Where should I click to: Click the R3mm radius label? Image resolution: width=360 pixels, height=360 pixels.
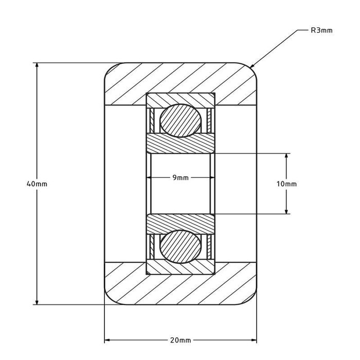(x=322, y=30)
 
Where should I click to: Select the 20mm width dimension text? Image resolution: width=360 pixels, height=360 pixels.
(x=181, y=340)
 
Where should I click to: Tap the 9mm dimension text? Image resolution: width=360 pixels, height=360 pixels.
(x=180, y=177)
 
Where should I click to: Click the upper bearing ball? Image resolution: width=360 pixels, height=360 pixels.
(x=180, y=120)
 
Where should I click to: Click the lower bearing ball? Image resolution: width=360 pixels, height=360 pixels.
(x=180, y=247)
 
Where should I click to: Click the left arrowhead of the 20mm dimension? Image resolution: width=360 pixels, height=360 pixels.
(x=109, y=340)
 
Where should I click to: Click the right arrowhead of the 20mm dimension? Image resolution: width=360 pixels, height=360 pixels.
(x=253, y=340)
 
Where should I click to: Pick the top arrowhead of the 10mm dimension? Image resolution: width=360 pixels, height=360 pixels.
(x=287, y=156)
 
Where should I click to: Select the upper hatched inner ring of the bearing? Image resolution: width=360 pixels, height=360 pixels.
(x=180, y=145)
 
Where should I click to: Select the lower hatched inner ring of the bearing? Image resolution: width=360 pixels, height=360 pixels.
(x=180, y=223)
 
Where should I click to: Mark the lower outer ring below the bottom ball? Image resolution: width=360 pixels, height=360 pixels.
(x=180, y=268)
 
